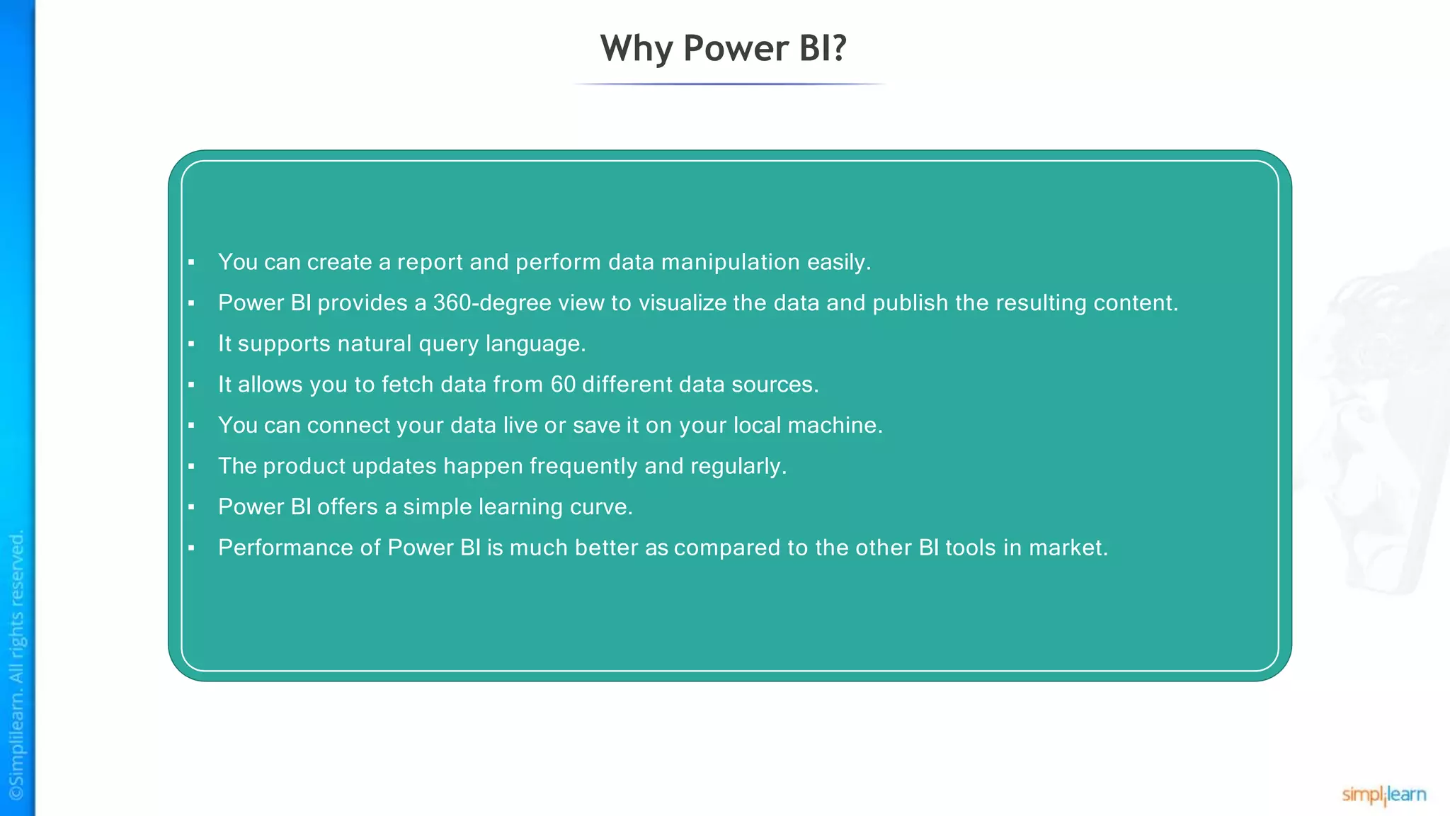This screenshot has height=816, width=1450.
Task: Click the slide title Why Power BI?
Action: click(723, 48)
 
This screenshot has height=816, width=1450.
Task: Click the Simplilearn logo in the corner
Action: click(1383, 795)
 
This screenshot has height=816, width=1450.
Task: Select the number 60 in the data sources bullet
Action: click(563, 385)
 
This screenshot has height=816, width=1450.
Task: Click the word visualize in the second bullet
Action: click(682, 303)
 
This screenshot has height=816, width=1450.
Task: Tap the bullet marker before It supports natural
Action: click(191, 344)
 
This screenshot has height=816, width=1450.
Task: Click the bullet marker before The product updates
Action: click(191, 467)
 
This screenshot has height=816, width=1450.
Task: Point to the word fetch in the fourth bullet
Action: click(407, 385)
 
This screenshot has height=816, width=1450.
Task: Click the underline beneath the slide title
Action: click(729, 84)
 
